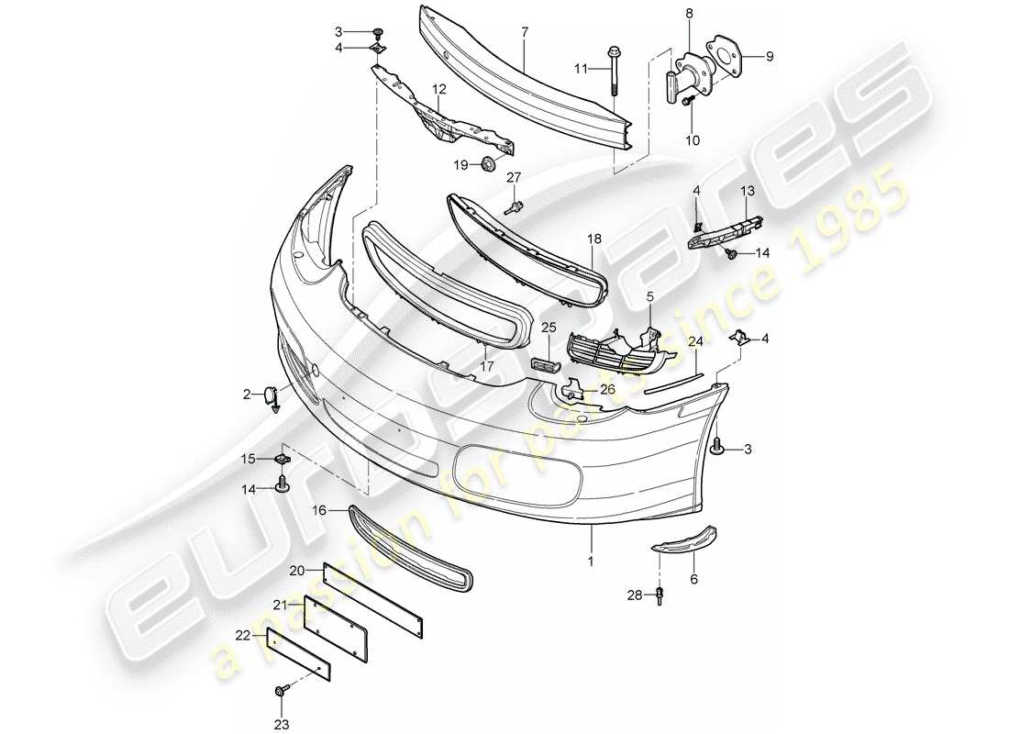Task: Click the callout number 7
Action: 525,32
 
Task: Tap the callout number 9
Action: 770,56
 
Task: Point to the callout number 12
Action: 439,90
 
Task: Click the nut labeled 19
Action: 487,165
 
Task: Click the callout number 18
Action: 594,239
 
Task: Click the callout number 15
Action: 248,459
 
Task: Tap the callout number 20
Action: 296,570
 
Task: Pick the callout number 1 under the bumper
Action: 592,560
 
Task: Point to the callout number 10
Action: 693,139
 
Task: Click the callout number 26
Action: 605,389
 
